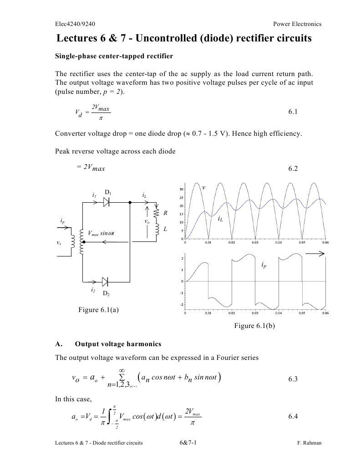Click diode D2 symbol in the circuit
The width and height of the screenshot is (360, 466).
106,282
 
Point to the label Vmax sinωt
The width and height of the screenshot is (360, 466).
103,233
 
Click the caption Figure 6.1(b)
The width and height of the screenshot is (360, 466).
254,326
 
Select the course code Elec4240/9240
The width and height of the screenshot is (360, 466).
75,24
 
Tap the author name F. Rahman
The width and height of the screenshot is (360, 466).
309,443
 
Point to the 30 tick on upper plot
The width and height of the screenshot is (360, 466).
181,189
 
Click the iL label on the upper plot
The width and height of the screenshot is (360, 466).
220,219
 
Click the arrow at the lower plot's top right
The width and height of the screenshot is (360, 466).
317,255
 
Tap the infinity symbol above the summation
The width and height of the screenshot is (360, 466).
122,370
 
